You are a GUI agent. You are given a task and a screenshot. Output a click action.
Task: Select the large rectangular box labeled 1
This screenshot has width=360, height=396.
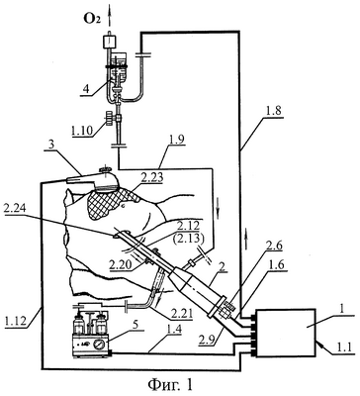pyautogui.click(x=286, y=333)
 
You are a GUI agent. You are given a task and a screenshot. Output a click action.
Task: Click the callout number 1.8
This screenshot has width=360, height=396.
pyautogui.click(x=275, y=111)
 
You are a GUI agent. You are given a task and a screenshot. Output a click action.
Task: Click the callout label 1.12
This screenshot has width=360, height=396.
pyautogui.click(x=16, y=320)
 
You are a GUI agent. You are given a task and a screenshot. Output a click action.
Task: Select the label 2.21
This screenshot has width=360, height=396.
pyautogui.click(x=182, y=314)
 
